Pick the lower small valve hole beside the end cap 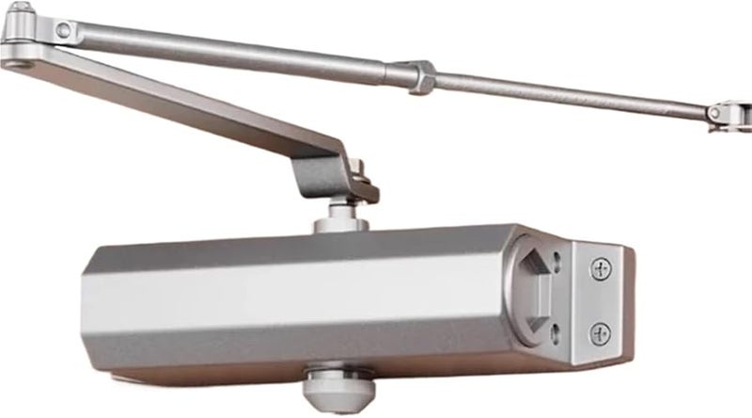pos(556,329)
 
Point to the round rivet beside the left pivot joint pos(63,31)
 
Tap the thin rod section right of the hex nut pos(564,95)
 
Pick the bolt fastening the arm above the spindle pos(359,175)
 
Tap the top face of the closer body pos(310,245)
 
